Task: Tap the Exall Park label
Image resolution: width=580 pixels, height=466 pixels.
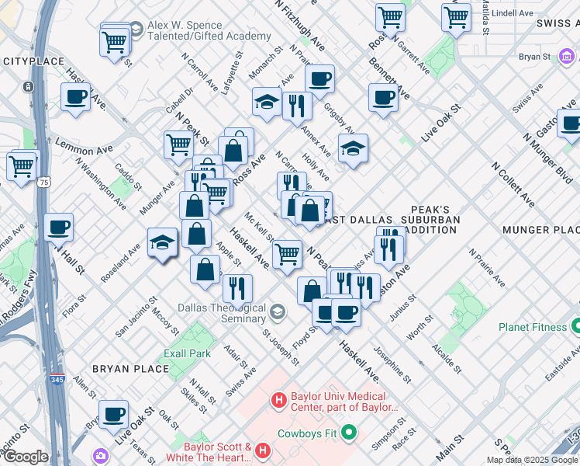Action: [x=187, y=353]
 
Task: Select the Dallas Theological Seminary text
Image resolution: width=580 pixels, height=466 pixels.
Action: [x=223, y=313]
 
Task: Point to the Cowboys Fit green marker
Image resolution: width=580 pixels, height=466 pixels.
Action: [x=349, y=432]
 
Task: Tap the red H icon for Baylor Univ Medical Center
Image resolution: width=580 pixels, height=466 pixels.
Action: [x=279, y=401]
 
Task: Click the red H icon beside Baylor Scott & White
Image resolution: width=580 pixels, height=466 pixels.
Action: [x=264, y=450]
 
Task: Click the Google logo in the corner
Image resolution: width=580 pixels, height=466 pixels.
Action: [x=25, y=457]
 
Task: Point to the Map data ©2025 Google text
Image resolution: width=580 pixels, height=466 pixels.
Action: [x=532, y=460]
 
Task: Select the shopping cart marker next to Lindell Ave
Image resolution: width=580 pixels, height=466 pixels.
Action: [x=456, y=16]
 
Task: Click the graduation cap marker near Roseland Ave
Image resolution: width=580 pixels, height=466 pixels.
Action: [x=163, y=243]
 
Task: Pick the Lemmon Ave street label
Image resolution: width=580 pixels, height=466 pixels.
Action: [x=83, y=147]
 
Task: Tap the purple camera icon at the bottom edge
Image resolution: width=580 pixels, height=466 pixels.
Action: [x=101, y=455]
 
